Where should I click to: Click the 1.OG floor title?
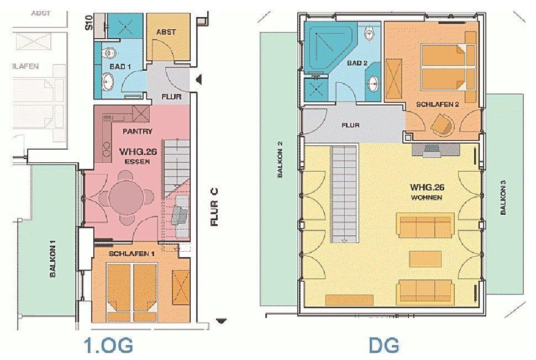[108, 345]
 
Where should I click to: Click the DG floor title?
[383, 345]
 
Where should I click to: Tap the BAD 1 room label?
[120, 66]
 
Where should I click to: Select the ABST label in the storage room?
[166, 32]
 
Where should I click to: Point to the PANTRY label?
[137, 131]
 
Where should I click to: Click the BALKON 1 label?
[53, 258]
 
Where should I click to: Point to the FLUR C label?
[214, 207]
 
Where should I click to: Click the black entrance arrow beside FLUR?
[198, 80]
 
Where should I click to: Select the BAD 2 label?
[357, 63]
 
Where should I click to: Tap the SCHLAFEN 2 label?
[437, 104]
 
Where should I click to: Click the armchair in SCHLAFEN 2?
[443, 124]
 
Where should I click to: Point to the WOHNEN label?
[427, 198]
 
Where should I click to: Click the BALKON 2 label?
[280, 159]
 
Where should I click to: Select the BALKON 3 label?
[503, 198]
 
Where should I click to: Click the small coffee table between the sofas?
[425, 259]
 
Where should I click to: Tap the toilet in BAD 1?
[109, 53]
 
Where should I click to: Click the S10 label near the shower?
[89, 23]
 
